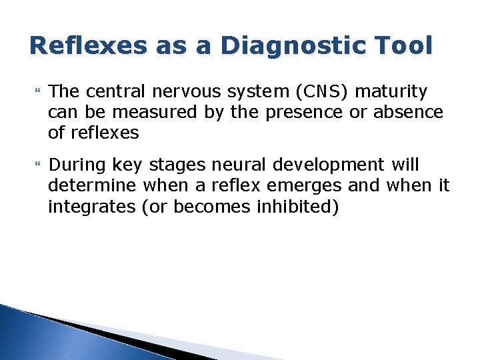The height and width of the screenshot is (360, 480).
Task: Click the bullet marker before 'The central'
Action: pos(35,91)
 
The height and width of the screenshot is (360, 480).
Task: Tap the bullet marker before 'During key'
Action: pos(35,164)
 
